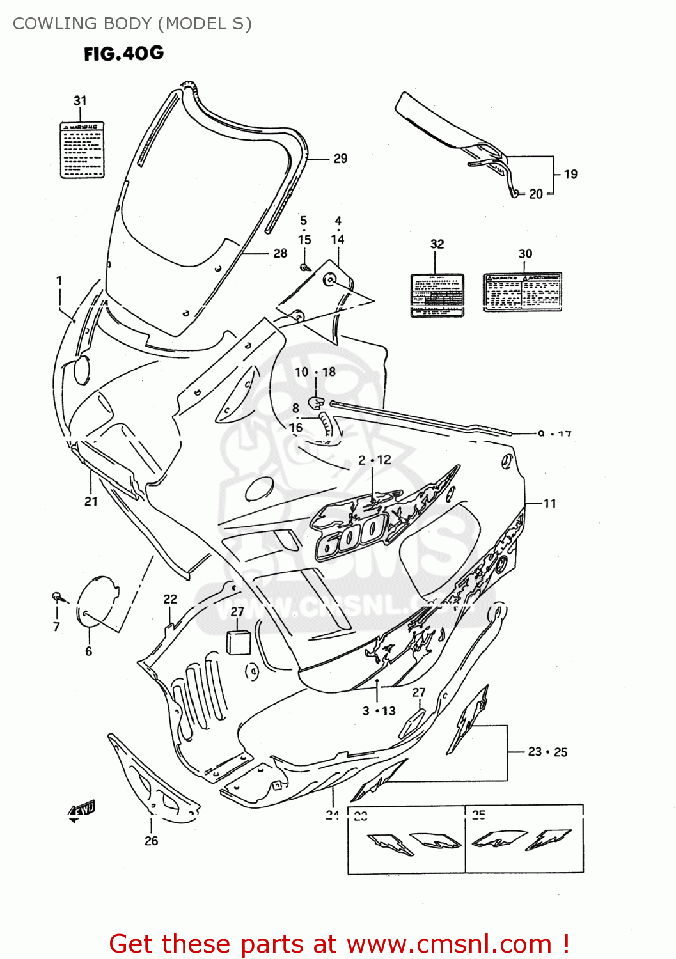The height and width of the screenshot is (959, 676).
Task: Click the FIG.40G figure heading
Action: point(123,54)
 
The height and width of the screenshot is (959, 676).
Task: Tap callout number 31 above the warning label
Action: point(80,101)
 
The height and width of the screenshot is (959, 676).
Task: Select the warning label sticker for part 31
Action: point(82,150)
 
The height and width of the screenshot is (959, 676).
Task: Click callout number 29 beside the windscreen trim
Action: point(340,159)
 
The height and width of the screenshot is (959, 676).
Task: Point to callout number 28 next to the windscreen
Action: point(280,253)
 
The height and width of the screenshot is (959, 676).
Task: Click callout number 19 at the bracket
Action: point(570,174)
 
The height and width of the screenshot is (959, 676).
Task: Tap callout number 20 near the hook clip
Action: point(536,194)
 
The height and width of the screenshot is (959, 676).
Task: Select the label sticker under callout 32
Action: point(437,295)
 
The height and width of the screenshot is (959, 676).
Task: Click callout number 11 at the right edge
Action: point(550,504)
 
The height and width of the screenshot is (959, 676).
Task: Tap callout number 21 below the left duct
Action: point(91,502)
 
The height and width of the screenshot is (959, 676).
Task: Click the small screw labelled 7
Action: point(57,596)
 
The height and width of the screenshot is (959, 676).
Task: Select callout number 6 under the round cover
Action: point(88,651)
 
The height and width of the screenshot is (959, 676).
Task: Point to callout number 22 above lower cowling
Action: point(170,599)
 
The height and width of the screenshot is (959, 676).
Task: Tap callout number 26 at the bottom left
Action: point(151,841)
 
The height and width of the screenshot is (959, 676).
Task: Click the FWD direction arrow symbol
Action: point(82,810)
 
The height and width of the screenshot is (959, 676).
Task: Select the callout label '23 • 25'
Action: point(547,752)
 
